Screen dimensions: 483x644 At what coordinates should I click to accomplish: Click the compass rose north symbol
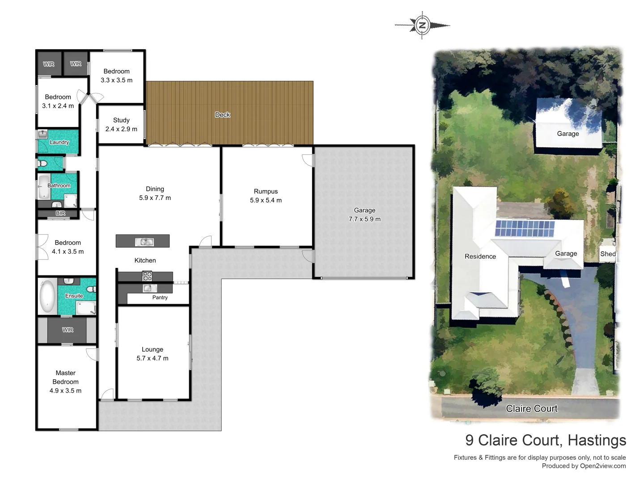pyautogui.click(x=422, y=25)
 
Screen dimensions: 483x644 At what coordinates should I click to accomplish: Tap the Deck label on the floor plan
pyautogui.click(x=222, y=115)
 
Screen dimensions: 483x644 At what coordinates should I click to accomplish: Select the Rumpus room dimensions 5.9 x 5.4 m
pyautogui.click(x=266, y=200)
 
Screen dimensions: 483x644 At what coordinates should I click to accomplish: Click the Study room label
pyautogui.click(x=121, y=120)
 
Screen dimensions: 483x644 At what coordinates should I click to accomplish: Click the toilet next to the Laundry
pyautogui.click(x=43, y=164)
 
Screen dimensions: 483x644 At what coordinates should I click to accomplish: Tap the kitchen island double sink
pyautogui.click(x=144, y=242)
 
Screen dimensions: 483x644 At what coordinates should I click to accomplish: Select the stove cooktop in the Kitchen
pyautogui.click(x=147, y=276)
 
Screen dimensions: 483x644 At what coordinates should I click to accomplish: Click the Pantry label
pyautogui.click(x=160, y=297)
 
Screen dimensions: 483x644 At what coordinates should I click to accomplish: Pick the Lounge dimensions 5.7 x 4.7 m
pyautogui.click(x=153, y=358)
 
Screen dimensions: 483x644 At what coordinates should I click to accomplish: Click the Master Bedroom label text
pyautogui.click(x=65, y=377)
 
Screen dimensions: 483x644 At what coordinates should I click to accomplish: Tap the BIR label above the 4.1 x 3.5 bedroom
pyautogui.click(x=60, y=213)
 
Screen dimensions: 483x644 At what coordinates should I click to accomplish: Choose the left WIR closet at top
pyautogui.click(x=49, y=64)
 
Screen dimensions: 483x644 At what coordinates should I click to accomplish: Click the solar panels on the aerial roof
pyautogui.click(x=524, y=228)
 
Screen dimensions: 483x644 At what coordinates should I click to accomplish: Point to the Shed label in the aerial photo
pyautogui.click(x=608, y=254)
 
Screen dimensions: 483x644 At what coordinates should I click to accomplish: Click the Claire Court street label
pyautogui.click(x=532, y=408)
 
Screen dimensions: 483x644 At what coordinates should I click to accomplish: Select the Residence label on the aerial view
pyautogui.click(x=480, y=256)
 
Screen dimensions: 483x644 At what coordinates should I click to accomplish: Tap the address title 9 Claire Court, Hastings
pyautogui.click(x=546, y=441)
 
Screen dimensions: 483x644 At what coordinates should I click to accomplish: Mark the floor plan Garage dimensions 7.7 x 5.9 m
pyautogui.click(x=364, y=219)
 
